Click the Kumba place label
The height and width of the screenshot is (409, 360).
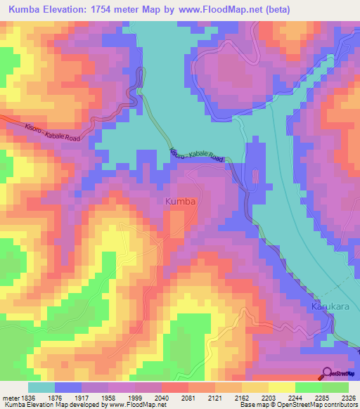[180, 202]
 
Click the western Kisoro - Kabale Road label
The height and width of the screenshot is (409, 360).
[48, 131]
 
